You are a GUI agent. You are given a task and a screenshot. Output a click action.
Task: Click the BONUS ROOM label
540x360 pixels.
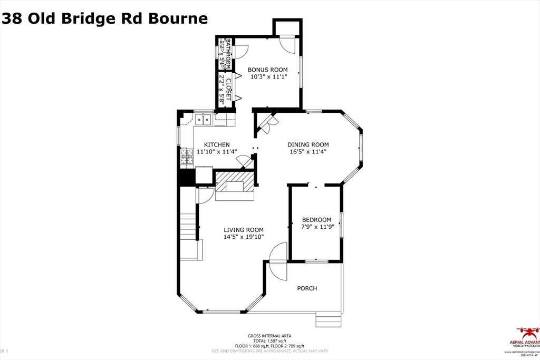click(268, 70)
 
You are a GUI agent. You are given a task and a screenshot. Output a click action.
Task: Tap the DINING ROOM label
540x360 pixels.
click(308, 144)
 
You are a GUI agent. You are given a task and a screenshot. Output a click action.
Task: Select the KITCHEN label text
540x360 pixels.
click(217, 144)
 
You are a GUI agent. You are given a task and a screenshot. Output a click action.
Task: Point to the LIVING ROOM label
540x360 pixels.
click(244, 230)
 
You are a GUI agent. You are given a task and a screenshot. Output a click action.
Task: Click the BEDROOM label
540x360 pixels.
click(316, 220)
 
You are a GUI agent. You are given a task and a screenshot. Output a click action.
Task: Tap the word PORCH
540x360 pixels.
click(307, 288)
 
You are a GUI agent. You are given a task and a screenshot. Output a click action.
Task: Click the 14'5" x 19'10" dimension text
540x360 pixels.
click(244, 237)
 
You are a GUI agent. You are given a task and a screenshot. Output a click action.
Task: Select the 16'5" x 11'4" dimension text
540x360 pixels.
click(308, 152)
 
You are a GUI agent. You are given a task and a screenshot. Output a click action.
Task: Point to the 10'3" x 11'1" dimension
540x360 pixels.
click(268, 77)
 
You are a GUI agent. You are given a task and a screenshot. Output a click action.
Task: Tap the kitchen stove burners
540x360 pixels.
click(186, 157)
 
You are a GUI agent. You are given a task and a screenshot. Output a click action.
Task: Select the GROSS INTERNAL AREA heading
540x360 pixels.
click(269, 336)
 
